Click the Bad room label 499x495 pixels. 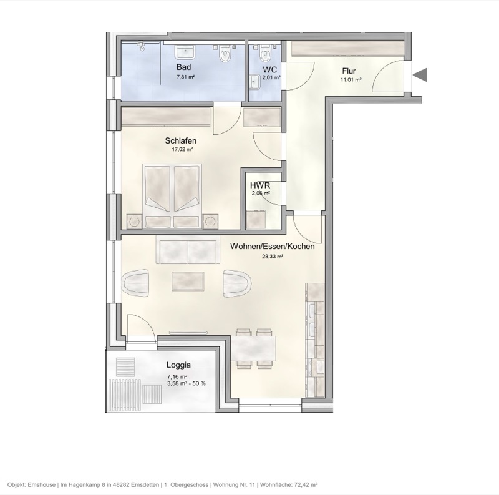point(183,67)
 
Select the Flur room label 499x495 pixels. point(349,71)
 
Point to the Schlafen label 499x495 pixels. point(181,141)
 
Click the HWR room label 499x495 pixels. point(259,185)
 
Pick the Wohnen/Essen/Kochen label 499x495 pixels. point(272,247)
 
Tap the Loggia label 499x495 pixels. point(178,366)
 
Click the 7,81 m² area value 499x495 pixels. point(186,77)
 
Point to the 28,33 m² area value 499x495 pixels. point(273,257)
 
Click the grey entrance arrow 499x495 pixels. point(421,75)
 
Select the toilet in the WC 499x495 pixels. point(267,52)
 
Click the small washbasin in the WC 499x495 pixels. point(255,81)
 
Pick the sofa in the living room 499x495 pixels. point(188,250)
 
